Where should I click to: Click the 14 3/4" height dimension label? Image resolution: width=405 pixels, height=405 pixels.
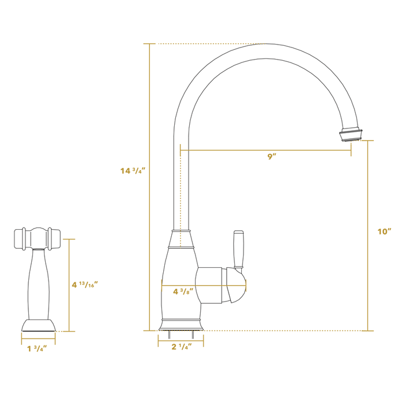coord(132,171)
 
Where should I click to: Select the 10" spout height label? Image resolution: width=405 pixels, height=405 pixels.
coord(385,231)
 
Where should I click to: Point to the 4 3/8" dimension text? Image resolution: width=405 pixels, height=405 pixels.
coord(183,292)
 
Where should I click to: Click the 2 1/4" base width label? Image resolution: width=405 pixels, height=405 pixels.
coord(181,347)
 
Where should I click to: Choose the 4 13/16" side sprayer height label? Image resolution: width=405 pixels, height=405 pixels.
coord(84,285)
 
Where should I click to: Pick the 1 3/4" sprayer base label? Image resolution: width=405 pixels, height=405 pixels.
coord(37,348)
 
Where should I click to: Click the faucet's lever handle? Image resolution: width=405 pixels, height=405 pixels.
coord(238,249)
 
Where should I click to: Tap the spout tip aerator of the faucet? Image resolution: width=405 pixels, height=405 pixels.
coord(351,132)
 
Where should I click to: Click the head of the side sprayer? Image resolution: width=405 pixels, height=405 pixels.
coord(36,238)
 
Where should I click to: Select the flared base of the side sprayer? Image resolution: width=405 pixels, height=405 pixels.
coord(38,325)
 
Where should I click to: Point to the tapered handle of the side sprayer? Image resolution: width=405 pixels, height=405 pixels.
coord(38,283)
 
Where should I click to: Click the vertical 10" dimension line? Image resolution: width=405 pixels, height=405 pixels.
coord(369,278)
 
